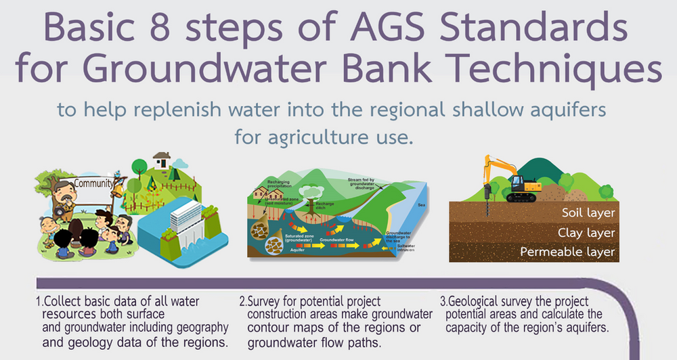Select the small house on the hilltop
161,160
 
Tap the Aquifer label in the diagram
280,249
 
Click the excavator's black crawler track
522,197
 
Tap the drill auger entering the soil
485,202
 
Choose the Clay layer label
588,233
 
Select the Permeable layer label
567,252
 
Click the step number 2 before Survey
242,301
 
